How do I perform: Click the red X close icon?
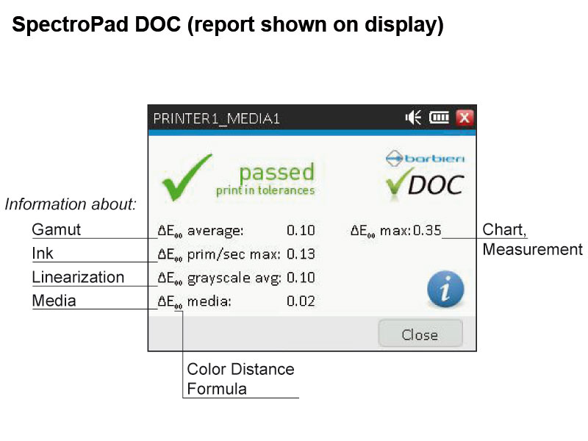[x=465, y=118]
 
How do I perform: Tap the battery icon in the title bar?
[x=439, y=118]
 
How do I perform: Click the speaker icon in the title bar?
[x=413, y=118]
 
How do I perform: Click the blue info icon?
[x=445, y=289]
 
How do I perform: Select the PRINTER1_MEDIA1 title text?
[x=216, y=119]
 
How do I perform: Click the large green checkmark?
[x=187, y=177]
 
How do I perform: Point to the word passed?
[x=277, y=173]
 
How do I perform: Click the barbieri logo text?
[x=434, y=158]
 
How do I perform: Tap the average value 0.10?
[x=301, y=230]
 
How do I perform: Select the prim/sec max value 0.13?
[x=301, y=254]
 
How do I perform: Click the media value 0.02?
[x=301, y=301]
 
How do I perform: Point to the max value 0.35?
[x=427, y=230]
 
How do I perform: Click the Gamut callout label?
[x=57, y=229]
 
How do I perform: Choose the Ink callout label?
[x=43, y=253]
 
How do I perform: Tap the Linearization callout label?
[x=78, y=277]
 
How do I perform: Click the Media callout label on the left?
[x=54, y=301]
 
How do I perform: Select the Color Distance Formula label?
[x=240, y=379]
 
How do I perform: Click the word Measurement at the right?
[x=532, y=249]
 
